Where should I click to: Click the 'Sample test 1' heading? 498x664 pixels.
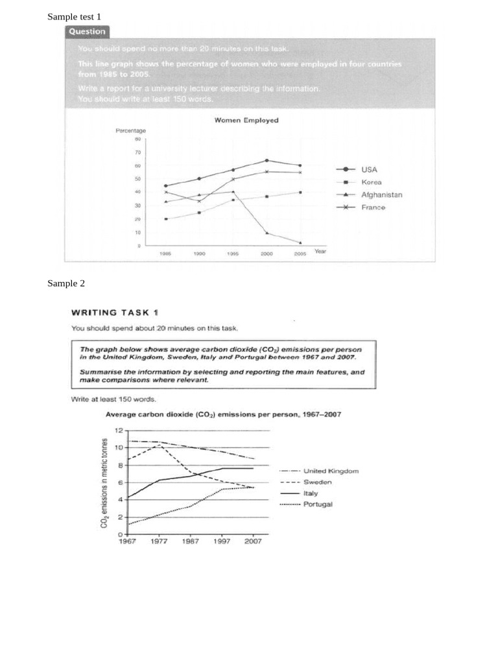(74, 16)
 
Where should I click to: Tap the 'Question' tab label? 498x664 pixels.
(88, 32)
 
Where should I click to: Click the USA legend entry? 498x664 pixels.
(368, 169)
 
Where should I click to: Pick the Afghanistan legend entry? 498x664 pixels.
(381, 195)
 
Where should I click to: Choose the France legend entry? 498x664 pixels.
(373, 207)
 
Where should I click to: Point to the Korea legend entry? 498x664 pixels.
(370, 182)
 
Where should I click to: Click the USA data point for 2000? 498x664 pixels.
(267, 160)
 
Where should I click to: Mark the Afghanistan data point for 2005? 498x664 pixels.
(300, 243)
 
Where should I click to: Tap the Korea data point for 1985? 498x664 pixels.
(166, 219)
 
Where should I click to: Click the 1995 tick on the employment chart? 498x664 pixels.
(233, 255)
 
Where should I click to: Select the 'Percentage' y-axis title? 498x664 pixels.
(131, 130)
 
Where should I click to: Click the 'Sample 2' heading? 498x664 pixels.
(66, 283)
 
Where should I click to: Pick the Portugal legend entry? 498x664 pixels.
(317, 504)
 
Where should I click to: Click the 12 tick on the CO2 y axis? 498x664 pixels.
(118, 431)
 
